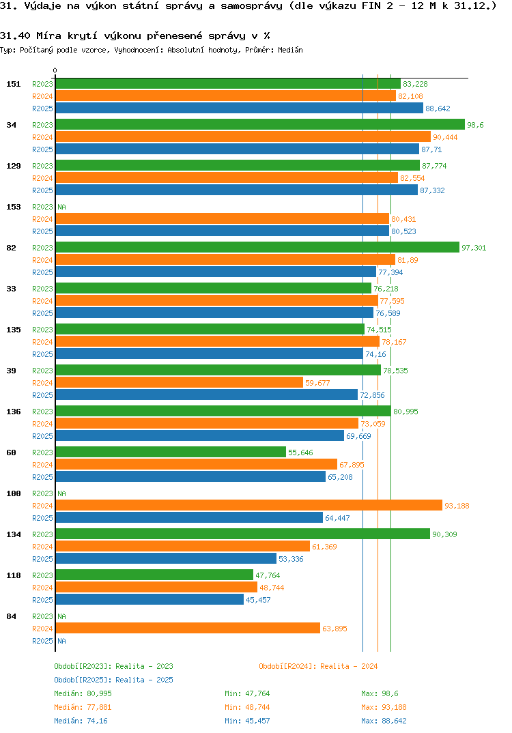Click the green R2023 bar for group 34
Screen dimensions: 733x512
(259, 125)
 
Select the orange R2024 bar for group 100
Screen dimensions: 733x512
(248, 506)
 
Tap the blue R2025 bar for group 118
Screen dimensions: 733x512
(150, 600)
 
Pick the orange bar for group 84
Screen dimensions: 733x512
(188, 629)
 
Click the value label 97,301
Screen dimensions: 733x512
(474, 248)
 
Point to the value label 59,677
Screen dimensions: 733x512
(317, 383)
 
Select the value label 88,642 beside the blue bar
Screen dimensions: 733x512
(438, 109)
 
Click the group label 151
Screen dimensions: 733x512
(13, 84)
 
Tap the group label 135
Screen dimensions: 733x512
(13, 330)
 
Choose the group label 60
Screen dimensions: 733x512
(11, 452)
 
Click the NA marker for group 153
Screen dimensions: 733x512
(61, 207)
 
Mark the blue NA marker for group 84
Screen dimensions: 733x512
(61, 641)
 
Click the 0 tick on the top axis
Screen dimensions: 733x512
(55, 70)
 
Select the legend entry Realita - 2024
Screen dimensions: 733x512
(318, 666)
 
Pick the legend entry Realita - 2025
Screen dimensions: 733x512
(113, 680)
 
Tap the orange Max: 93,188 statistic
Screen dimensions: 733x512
(384, 707)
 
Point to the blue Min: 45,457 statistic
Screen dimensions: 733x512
(247, 721)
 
